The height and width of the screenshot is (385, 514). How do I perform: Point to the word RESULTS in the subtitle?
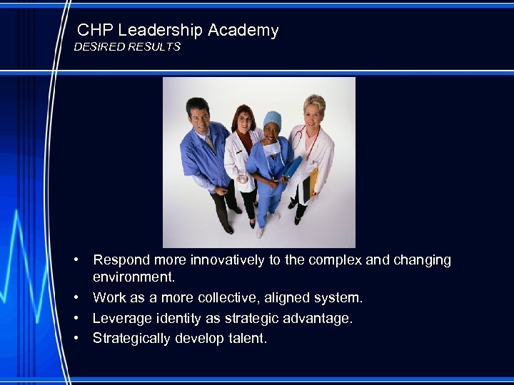[156, 47]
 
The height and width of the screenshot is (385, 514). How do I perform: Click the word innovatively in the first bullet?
[226, 260]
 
